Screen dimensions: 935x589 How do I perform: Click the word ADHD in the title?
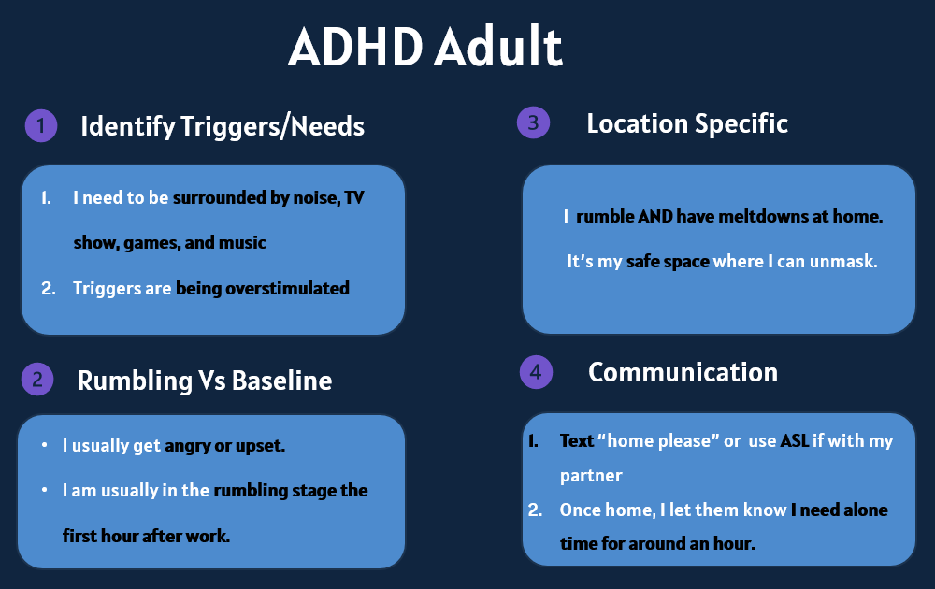tap(355, 47)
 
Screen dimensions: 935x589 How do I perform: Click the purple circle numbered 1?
tap(41, 126)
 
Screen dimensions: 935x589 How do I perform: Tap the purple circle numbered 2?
tap(37, 380)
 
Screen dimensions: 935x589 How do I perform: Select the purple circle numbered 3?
tap(533, 122)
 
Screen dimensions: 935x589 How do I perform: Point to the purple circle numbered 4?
tap(536, 372)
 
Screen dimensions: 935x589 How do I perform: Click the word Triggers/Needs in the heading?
tap(272, 126)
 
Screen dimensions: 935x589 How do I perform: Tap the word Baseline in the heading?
tap(281, 381)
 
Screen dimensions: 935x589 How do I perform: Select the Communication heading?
tap(683, 373)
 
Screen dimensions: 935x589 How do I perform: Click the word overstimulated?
tap(287, 289)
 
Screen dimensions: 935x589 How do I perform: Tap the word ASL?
tap(794, 440)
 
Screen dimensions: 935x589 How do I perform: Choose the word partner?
tap(591, 476)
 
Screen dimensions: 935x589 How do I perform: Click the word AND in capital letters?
tap(655, 216)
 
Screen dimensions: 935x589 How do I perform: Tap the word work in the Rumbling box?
tap(208, 536)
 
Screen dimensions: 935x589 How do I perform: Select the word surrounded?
tap(220, 197)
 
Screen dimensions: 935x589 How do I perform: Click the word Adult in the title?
tap(498, 47)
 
